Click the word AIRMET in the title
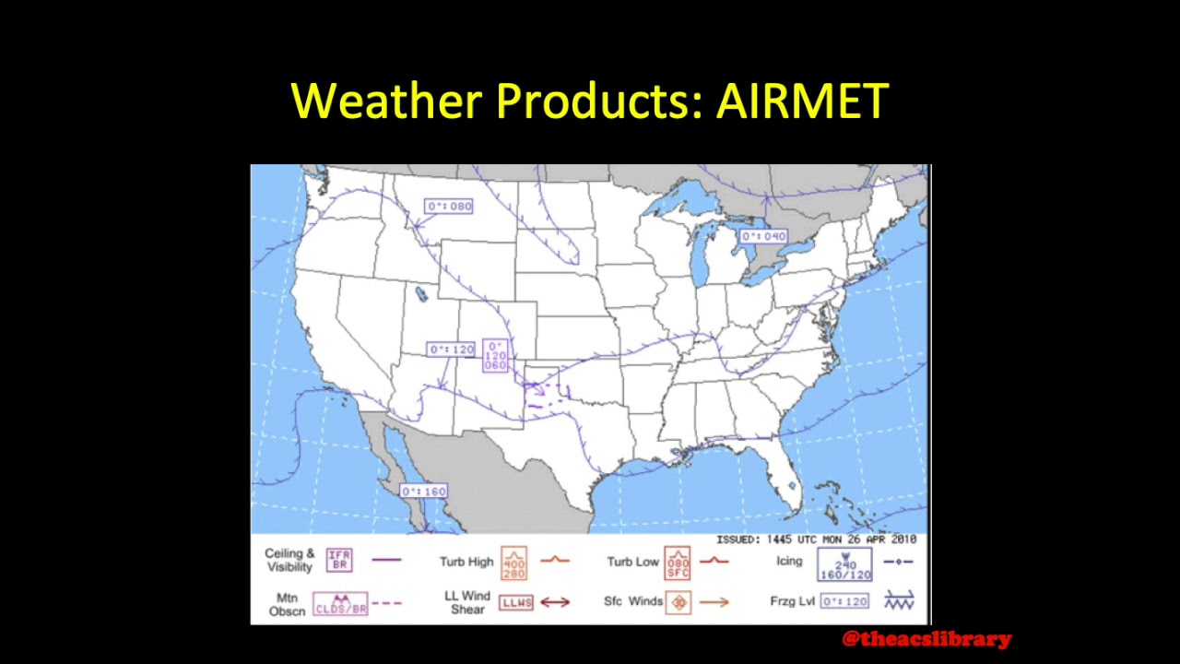pyautogui.click(x=802, y=101)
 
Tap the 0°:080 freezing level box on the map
pyautogui.click(x=449, y=207)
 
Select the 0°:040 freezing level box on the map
pyautogui.click(x=764, y=237)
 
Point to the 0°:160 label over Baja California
pyautogui.click(x=424, y=492)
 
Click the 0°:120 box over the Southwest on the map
pyautogui.click(x=451, y=350)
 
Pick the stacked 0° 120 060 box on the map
pyautogui.click(x=495, y=356)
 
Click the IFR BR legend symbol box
pyautogui.click(x=339, y=560)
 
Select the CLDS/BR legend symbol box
pyautogui.click(x=340, y=604)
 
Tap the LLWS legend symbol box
pyautogui.click(x=516, y=602)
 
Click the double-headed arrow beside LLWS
pyautogui.click(x=555, y=602)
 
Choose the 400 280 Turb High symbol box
pyautogui.click(x=513, y=563)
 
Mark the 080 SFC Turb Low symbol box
pyautogui.click(x=678, y=563)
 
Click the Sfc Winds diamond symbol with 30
pyautogui.click(x=678, y=603)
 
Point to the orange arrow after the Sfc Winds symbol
pyautogui.click(x=714, y=602)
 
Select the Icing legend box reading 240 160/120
pyautogui.click(x=844, y=563)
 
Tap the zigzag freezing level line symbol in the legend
pyautogui.click(x=898, y=601)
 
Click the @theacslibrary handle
pyautogui.click(x=926, y=639)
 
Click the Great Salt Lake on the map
pyautogui.click(x=421, y=294)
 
